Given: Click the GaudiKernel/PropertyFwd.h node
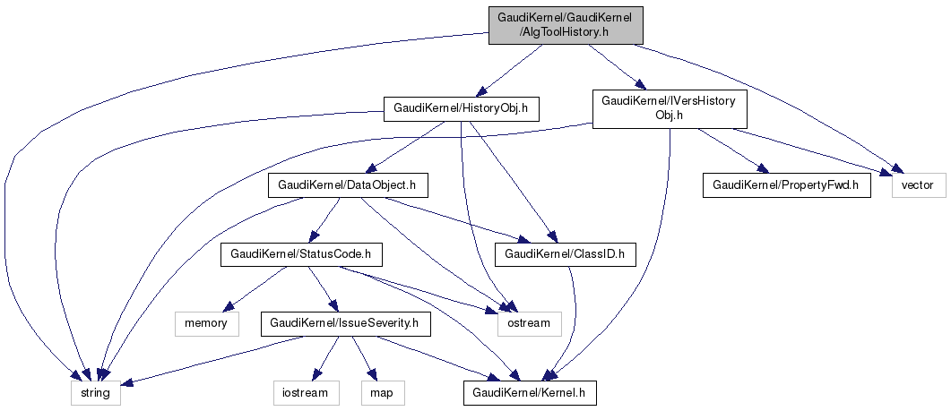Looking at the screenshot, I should (785, 185).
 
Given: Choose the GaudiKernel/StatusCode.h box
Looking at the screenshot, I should (301, 254).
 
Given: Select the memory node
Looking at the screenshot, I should (206, 322).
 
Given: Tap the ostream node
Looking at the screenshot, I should (529, 322).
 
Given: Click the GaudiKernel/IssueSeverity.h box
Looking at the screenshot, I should (345, 322).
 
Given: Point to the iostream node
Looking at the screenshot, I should (307, 391).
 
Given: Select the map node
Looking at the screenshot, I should (382, 391).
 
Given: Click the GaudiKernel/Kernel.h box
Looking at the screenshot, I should (529, 391).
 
